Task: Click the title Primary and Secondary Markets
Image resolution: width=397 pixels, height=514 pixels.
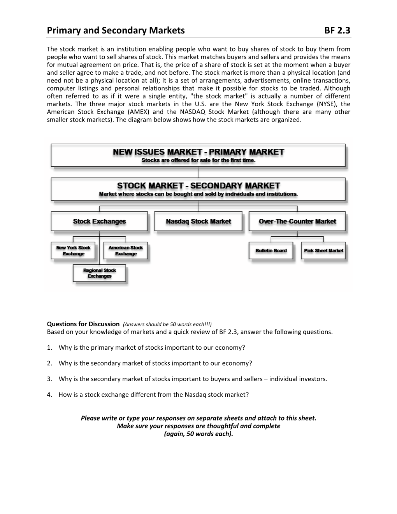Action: click(116, 30)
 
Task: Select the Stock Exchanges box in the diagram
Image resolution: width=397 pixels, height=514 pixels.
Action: click(99, 222)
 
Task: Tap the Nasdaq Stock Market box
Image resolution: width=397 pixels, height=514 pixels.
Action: click(198, 222)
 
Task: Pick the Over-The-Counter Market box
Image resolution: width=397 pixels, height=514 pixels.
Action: click(297, 222)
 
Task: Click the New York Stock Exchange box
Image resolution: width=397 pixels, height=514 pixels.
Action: click(73, 251)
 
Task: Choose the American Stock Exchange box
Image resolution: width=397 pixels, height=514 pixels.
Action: click(126, 251)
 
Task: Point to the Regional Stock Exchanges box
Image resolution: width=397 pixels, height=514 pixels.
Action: click(99, 273)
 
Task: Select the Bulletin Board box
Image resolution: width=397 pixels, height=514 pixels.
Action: click(271, 251)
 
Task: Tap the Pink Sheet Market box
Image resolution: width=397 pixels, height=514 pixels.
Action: click(323, 251)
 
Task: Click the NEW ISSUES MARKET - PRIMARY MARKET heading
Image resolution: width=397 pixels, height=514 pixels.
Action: click(198, 152)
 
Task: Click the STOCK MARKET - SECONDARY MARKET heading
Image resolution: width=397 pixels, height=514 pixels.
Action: click(198, 186)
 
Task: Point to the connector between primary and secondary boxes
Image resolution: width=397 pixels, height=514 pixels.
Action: click(198, 173)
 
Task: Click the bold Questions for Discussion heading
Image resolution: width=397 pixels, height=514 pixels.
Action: click(83, 324)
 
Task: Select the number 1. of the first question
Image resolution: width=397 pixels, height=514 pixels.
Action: click(49, 347)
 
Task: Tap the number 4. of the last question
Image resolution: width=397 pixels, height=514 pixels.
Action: click(49, 394)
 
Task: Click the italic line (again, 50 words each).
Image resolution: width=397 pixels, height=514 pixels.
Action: click(198, 434)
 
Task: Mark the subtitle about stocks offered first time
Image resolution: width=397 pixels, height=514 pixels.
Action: click(198, 160)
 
